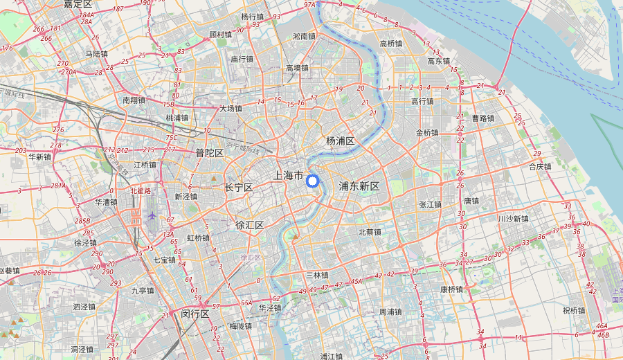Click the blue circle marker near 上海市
(x=312, y=181)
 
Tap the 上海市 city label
(x=289, y=176)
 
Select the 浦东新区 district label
(x=359, y=186)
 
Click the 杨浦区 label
(x=341, y=141)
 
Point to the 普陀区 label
(x=209, y=153)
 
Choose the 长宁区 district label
(x=239, y=188)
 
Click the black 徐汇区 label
(x=249, y=225)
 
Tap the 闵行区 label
(x=195, y=313)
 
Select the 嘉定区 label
(x=78, y=4)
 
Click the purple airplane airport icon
(x=152, y=217)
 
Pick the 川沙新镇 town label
(x=513, y=219)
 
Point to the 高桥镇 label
(x=396, y=44)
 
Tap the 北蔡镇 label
(x=370, y=232)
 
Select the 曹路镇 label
(x=483, y=118)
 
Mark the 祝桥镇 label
(x=574, y=310)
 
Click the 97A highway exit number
(x=310, y=5)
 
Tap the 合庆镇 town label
(x=540, y=166)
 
